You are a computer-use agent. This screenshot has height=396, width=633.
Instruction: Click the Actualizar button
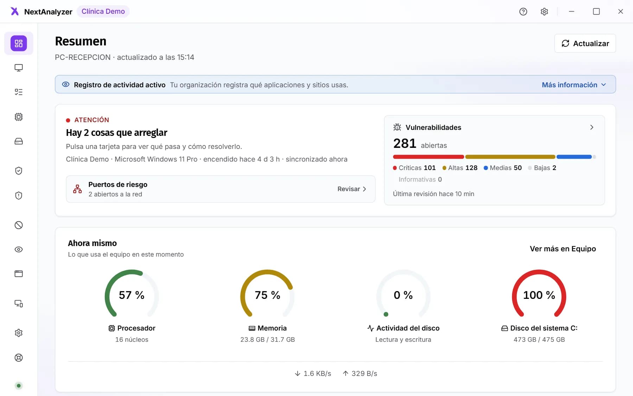click(585, 43)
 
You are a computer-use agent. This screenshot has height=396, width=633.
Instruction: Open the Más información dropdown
click(574, 85)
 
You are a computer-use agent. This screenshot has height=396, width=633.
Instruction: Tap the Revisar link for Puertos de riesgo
click(352, 189)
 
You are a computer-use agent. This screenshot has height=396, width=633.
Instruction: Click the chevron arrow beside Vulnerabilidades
click(592, 127)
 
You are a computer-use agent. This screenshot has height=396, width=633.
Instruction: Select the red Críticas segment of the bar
click(428, 157)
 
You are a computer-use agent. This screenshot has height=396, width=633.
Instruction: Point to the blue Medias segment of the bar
click(574, 157)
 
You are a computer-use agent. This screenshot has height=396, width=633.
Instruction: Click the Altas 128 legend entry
click(460, 168)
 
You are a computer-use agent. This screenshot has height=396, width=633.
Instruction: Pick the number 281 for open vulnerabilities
click(404, 144)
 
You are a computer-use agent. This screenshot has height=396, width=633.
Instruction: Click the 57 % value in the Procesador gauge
click(132, 295)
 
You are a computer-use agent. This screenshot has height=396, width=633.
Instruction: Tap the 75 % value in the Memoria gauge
click(267, 295)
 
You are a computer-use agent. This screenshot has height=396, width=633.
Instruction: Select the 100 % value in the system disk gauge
click(539, 295)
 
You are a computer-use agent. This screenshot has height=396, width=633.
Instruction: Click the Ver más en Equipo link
click(563, 249)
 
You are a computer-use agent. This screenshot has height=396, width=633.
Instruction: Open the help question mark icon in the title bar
click(523, 12)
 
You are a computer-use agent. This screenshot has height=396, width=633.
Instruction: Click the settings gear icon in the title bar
click(544, 12)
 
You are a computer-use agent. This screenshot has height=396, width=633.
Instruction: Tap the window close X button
click(620, 12)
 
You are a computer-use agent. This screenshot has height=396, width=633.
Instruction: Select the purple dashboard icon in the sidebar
click(19, 43)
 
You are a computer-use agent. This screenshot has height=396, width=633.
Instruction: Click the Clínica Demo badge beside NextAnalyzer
click(103, 11)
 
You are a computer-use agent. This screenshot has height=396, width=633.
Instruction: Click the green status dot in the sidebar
click(19, 386)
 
